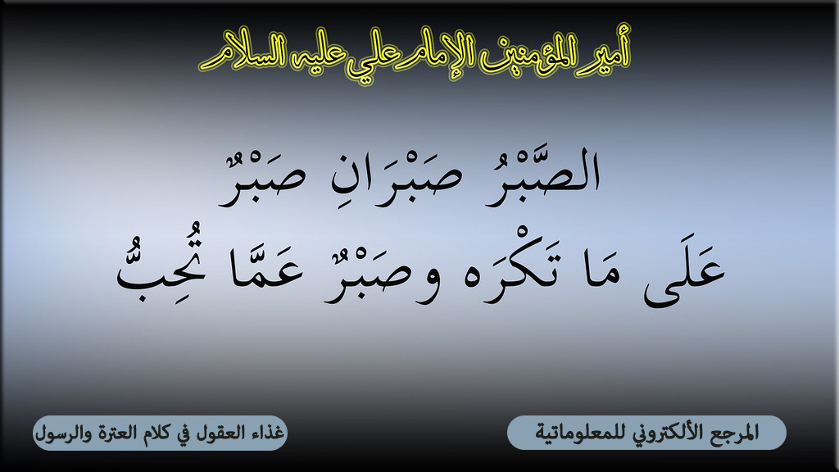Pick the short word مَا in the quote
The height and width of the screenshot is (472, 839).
(603, 273)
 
